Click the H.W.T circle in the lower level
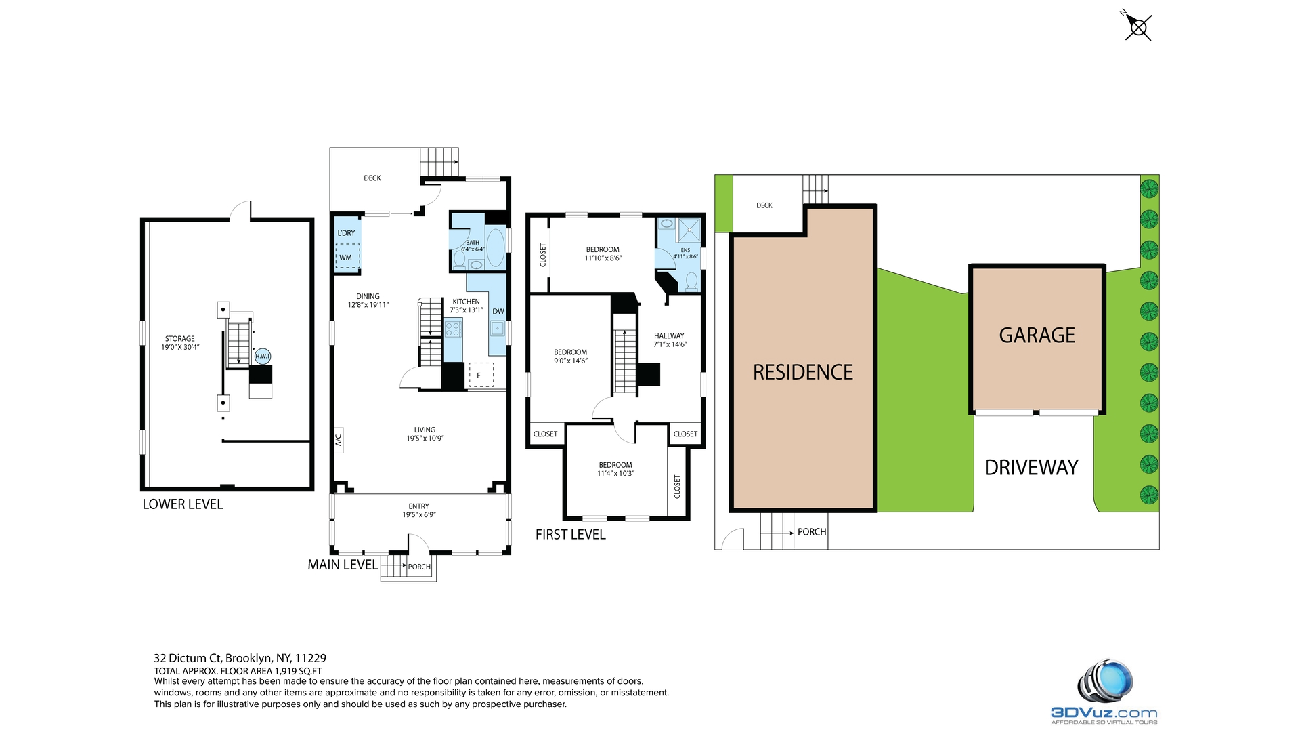263,356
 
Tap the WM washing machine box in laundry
347,257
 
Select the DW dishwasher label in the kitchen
498,312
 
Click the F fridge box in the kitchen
481,375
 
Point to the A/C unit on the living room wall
339,440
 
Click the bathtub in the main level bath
496,247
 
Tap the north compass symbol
1138,27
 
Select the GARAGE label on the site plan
1037,335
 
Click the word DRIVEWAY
1031,468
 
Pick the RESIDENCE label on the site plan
803,372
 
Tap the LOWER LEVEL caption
183,504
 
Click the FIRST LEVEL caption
570,535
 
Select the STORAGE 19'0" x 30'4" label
180,343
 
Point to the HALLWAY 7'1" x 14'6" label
670,340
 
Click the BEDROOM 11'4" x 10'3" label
615,469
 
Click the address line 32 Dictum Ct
240,658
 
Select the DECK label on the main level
372,178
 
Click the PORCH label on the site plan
812,532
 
